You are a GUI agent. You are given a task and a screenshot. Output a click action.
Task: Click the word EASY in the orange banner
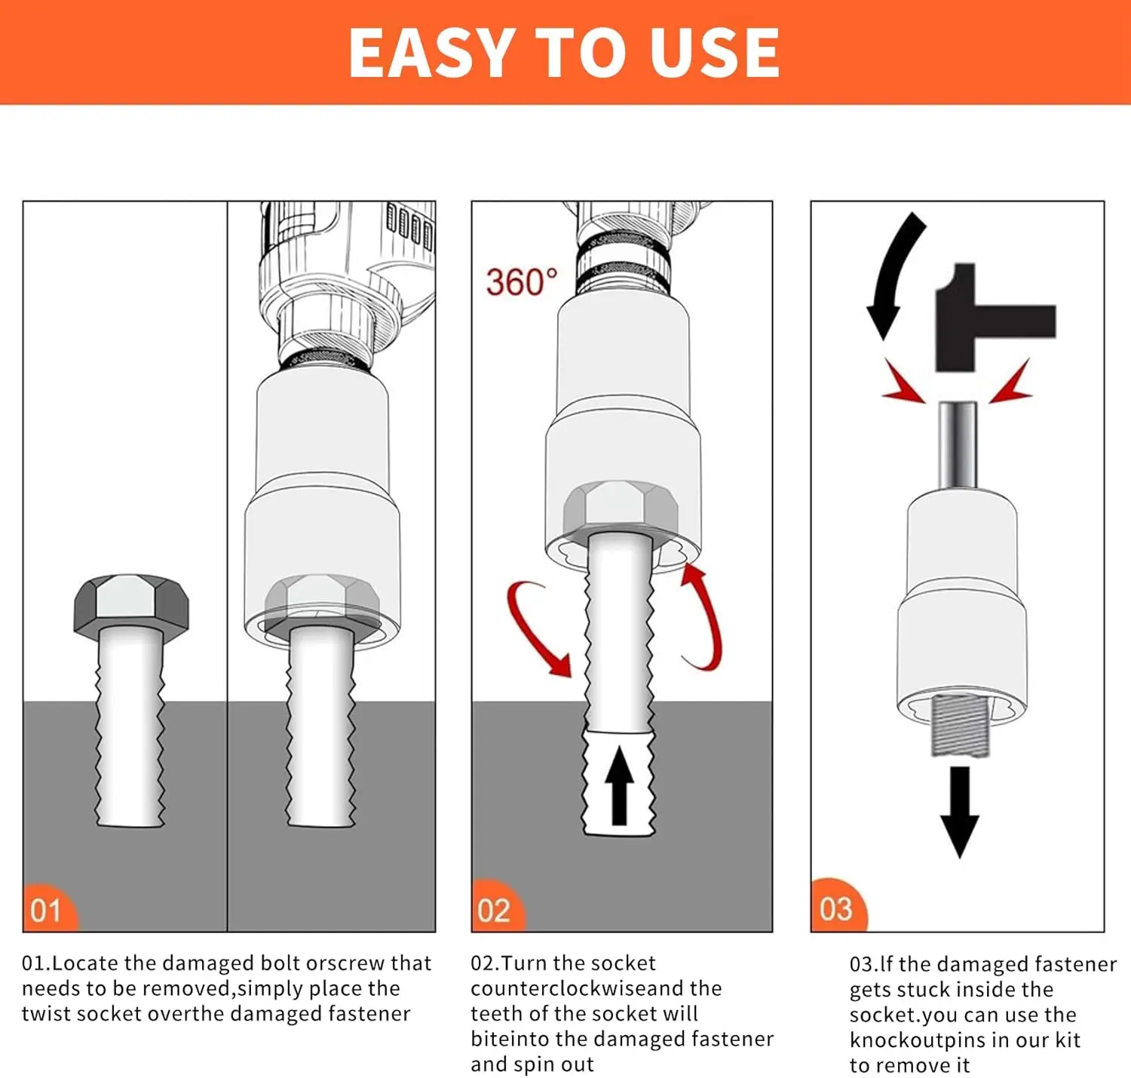431,52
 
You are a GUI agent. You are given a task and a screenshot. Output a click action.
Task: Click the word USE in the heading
715,52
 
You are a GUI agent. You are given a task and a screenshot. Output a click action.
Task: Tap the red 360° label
521,282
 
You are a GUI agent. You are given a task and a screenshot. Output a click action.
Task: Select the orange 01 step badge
49,908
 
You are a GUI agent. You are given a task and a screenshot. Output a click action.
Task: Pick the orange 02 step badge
498,907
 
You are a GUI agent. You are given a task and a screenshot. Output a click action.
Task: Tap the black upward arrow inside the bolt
619,785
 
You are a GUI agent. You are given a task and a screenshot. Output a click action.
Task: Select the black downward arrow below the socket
959,812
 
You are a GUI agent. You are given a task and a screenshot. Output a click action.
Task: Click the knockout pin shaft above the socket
958,446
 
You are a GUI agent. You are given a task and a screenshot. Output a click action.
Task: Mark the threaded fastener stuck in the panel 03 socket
960,725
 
